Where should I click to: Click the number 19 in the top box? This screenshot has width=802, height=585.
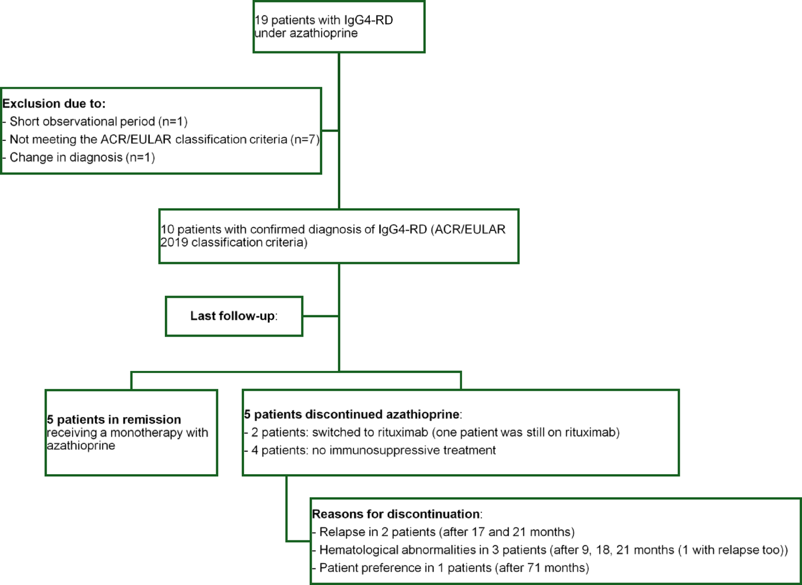coord(261,20)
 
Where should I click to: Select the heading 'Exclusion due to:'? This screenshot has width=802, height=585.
coord(54,104)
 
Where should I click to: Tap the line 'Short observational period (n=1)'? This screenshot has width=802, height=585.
coord(98,121)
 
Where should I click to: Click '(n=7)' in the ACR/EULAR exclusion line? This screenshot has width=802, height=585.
coord(304,140)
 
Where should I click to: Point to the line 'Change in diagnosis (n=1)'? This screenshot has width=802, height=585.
coord(82,157)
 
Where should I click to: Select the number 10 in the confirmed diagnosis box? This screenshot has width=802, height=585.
coord(167,230)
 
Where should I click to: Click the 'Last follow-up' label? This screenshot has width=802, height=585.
coord(233,316)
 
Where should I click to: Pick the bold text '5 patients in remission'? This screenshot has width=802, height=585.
coord(114,420)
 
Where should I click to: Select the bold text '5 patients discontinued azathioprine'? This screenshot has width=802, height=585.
coord(352,414)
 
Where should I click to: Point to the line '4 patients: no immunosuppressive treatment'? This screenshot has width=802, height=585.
coord(373,450)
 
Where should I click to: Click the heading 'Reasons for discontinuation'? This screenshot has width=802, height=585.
coord(396,514)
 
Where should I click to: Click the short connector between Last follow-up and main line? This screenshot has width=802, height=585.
coord(320,316)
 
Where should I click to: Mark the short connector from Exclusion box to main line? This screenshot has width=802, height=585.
coord(330,131)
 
